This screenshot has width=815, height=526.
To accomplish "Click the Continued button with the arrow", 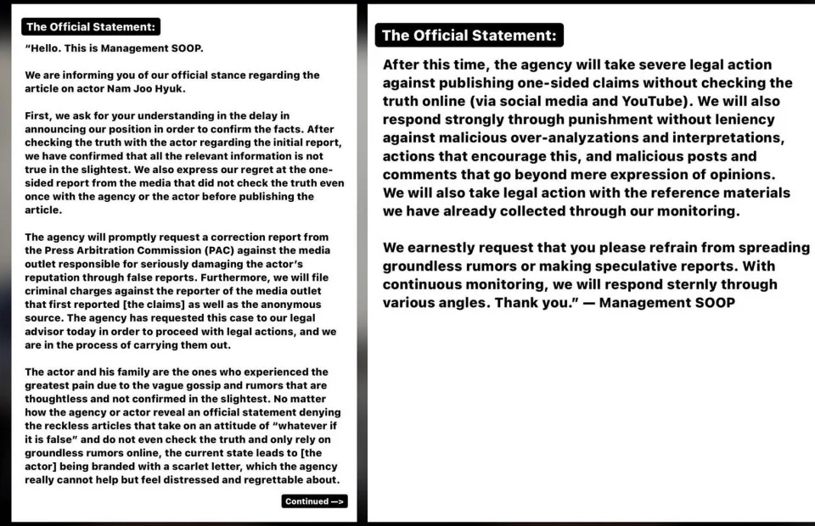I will point(314,501).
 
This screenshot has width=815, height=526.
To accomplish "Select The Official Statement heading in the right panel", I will point(469,36).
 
